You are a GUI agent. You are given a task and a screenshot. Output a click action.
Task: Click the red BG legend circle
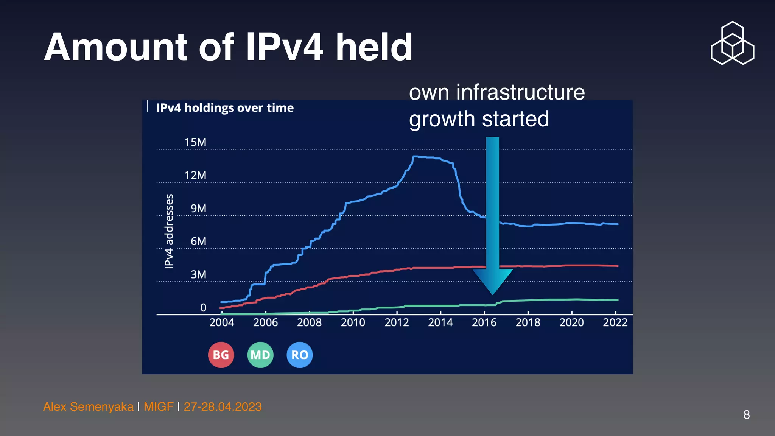coord(221,355)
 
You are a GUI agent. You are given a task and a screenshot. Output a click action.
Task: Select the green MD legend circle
coord(260,355)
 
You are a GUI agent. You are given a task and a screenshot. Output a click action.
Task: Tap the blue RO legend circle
coord(300,355)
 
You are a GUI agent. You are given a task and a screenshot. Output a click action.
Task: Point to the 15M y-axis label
coord(195,142)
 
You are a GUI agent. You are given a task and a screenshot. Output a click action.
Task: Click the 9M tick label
coord(198,209)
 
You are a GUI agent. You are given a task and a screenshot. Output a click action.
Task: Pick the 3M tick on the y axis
coord(198,274)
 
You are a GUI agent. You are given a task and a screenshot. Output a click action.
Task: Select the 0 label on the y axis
coord(203,308)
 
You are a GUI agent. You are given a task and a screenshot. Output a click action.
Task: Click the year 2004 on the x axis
coord(222,322)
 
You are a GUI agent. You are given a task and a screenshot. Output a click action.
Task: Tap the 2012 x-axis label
coord(397,322)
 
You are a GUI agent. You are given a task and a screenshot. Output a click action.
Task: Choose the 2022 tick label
coord(615,322)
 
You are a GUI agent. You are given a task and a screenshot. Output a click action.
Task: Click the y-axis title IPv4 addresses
coord(169,231)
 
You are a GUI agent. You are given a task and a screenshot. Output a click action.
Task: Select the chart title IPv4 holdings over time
coord(225,108)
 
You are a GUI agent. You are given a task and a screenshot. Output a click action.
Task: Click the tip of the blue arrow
coord(492,294)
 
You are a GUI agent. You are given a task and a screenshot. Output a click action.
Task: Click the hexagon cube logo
coord(733,43)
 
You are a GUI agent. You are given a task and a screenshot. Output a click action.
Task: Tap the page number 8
coord(746,415)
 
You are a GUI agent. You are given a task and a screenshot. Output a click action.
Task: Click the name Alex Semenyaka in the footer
coord(88,407)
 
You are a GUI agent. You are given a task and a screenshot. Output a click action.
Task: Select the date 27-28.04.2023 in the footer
coord(223,407)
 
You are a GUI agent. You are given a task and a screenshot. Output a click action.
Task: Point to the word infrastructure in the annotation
coord(520,92)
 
